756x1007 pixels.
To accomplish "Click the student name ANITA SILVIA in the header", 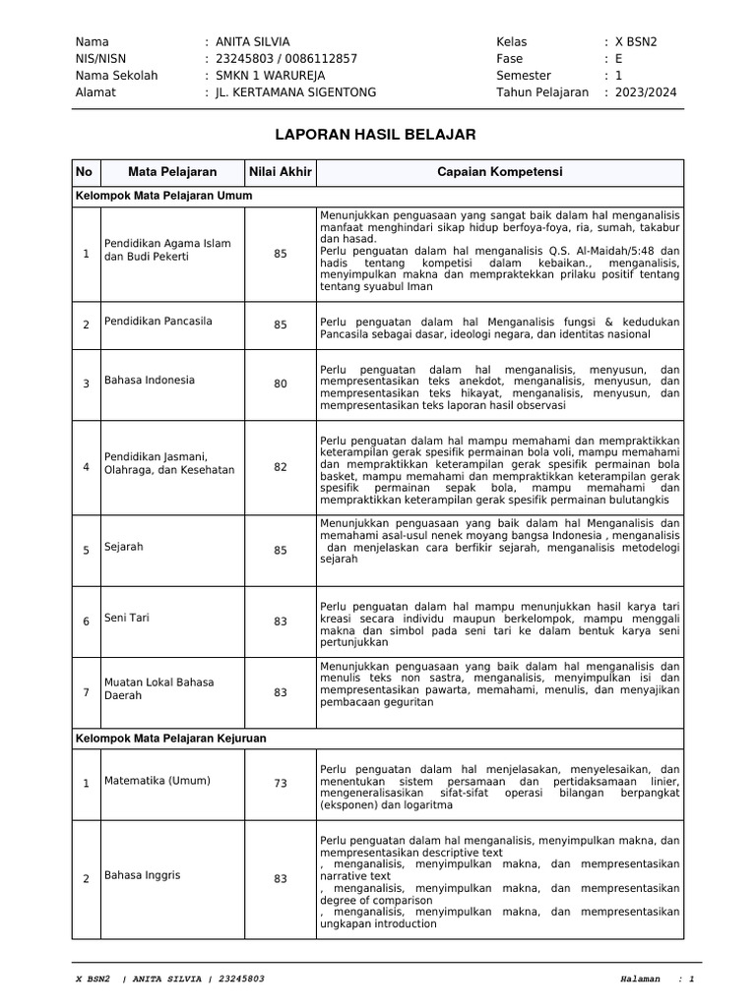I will pyautogui.click(x=253, y=41).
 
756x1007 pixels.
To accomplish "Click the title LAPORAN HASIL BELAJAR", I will pyautogui.click(x=377, y=134).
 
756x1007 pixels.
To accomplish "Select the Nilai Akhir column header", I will pyautogui.click(x=281, y=172).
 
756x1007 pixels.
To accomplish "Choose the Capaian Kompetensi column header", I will pyautogui.click(x=500, y=172).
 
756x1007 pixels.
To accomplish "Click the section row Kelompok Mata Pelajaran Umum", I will pyautogui.click(x=164, y=196).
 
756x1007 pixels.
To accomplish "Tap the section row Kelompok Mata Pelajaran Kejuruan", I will pyautogui.click(x=171, y=737).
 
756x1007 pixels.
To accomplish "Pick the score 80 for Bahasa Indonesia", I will pyautogui.click(x=281, y=385).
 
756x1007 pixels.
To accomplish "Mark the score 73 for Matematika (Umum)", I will pyautogui.click(x=281, y=783).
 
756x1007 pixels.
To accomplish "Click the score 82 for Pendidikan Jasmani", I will pyautogui.click(x=281, y=467).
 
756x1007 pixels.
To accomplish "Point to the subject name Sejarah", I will pyautogui.click(x=124, y=546).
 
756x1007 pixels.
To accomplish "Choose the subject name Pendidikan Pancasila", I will pyautogui.click(x=158, y=321).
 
